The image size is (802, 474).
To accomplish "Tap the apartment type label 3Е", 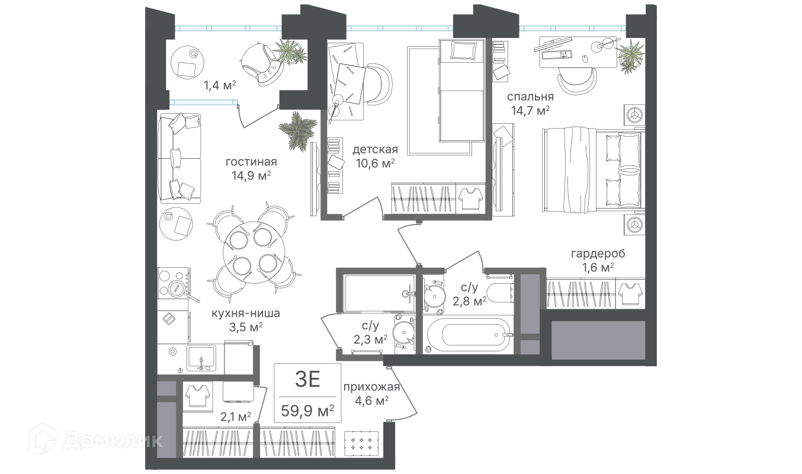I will coord(308,380).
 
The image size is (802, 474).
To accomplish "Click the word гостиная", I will coord(251,162).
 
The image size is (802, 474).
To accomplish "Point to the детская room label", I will coord(375,149).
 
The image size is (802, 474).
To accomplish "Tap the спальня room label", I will coord(530,97).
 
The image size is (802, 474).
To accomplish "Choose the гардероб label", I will coord(598,254).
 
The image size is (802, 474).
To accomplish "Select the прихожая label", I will coord(371,388).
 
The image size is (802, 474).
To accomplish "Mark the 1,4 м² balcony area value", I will coord(220,85).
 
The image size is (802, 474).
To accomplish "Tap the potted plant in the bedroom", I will coord(630,55).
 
